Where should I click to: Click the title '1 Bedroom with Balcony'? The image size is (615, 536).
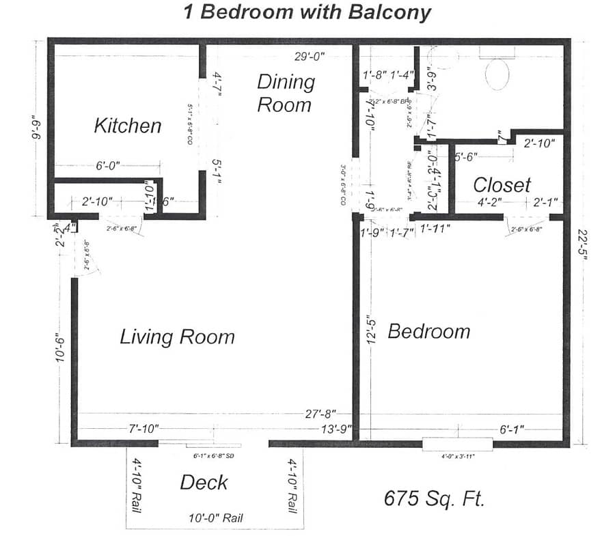(x=307, y=12)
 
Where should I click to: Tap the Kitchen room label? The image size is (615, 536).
(x=127, y=126)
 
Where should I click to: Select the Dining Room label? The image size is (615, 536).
(x=286, y=93)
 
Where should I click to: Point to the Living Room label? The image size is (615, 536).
(x=177, y=337)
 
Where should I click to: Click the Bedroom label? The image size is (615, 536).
(x=428, y=332)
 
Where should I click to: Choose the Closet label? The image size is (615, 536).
(x=502, y=185)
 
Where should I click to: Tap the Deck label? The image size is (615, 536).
(x=204, y=483)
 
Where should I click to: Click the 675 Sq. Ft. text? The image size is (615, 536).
(x=434, y=498)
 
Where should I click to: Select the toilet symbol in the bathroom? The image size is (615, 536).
(x=496, y=74)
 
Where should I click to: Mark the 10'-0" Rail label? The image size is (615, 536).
(x=215, y=518)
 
